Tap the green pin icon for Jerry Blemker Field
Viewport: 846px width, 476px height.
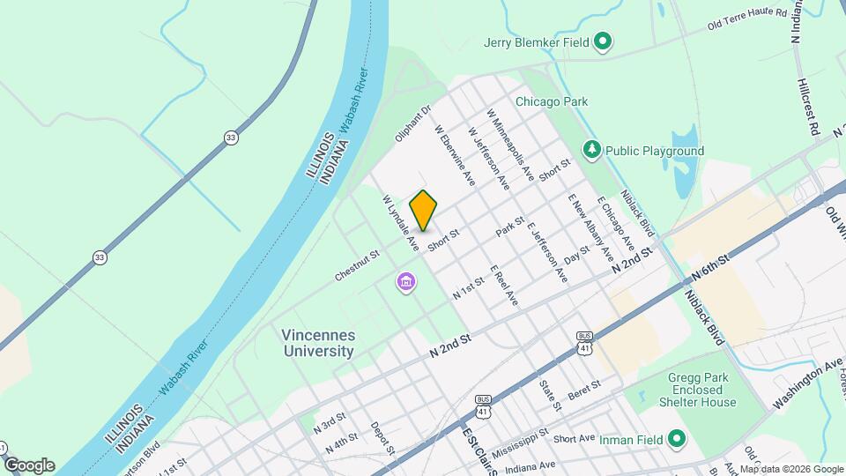click(x=603, y=41)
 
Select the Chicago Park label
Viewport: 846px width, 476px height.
click(x=552, y=102)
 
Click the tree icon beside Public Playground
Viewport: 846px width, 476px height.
click(x=592, y=150)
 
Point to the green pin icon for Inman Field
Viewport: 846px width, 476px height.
click(x=677, y=438)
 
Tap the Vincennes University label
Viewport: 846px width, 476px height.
click(x=318, y=343)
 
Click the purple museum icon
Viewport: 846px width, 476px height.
click(x=406, y=282)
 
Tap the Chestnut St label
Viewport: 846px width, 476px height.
click(x=356, y=265)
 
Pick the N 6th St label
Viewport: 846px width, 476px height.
click(x=712, y=269)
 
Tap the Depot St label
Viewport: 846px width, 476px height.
click(x=380, y=436)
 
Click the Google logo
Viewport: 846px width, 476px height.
click(x=29, y=465)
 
